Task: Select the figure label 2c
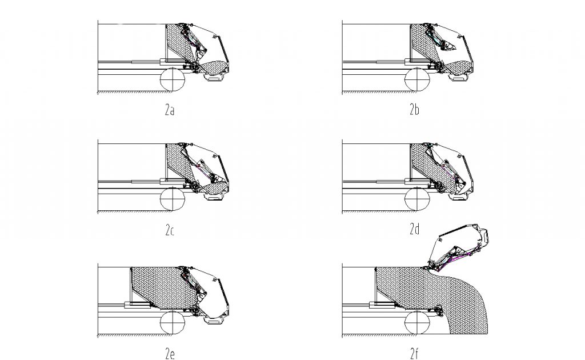[169, 231]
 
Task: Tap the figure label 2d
[414, 230]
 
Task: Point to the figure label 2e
[169, 354]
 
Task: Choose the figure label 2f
[414, 354]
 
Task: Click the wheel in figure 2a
[173, 79]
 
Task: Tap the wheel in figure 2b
[417, 79]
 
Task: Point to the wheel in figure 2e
[173, 323]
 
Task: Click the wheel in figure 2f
[417, 323]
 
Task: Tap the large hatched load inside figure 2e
[157, 283]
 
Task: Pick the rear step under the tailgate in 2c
[215, 199]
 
